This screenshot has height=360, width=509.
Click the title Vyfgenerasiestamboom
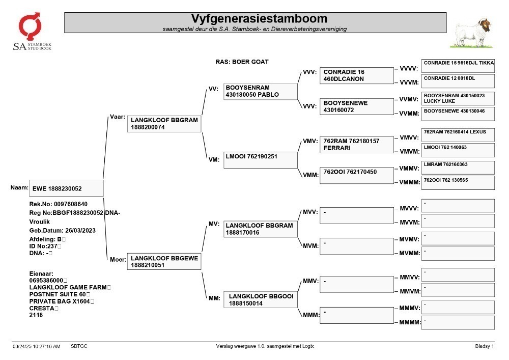coord(259,18)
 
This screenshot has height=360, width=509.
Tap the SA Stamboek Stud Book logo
coord(32,32)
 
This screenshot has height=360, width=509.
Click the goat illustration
coord(471,33)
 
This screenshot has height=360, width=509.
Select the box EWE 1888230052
coord(66,188)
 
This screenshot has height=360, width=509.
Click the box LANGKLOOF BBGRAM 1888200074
coord(164,124)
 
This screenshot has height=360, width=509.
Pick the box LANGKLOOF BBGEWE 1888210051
coord(164,261)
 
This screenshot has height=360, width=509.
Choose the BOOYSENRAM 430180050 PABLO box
coord(260,91)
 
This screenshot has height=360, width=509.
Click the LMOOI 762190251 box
coord(260,160)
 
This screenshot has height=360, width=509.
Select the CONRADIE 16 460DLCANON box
coord(357,76)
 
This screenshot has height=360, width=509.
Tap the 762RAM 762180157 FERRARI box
coord(357,145)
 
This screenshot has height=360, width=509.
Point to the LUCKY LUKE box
coord(458,98)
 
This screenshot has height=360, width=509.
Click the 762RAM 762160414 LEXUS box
coord(458,135)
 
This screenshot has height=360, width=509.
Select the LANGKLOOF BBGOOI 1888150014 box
coord(260,299)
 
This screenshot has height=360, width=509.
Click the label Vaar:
coord(118,117)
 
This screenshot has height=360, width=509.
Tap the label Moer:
coord(118,259)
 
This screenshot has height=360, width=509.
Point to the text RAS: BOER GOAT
coord(242,62)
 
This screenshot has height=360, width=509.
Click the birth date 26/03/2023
coord(80,231)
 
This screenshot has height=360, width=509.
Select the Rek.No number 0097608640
coord(71,204)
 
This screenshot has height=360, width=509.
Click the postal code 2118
coord(36,315)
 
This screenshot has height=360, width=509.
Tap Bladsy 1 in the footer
coord(485,346)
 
